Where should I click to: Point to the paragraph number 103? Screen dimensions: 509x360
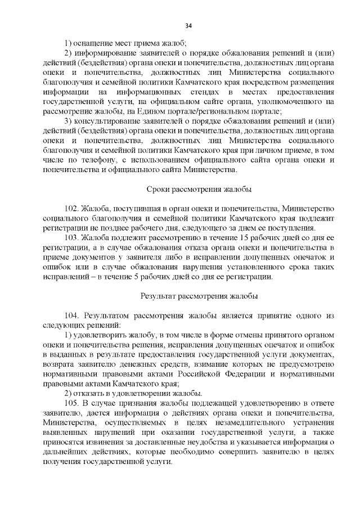[x=71, y=237]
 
